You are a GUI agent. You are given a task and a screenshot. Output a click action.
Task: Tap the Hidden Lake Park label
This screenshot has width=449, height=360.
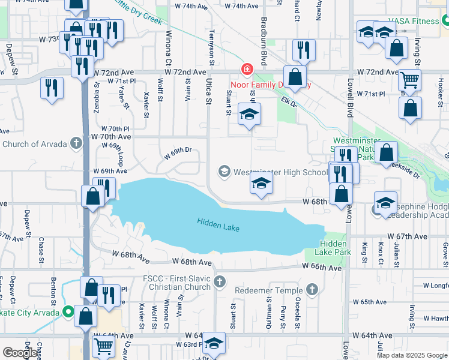[336, 248]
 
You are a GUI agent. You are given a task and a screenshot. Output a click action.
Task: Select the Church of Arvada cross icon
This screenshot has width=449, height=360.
[76, 143]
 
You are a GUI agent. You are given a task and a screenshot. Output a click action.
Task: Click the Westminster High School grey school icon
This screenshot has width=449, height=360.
[224, 172]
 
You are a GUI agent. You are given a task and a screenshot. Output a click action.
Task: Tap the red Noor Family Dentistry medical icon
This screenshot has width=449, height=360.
[246, 70]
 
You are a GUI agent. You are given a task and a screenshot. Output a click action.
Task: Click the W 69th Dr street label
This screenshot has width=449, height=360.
[178, 151]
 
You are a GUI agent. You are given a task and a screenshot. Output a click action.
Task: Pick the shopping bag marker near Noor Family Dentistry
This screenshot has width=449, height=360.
[295, 77]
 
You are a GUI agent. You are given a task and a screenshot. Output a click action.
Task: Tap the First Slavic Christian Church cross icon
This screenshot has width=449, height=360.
[220, 281]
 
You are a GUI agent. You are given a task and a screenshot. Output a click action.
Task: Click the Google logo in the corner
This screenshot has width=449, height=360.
[20, 353]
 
